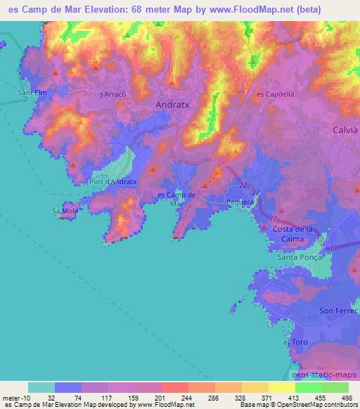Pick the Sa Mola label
[64, 210]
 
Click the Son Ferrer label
[335, 311]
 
